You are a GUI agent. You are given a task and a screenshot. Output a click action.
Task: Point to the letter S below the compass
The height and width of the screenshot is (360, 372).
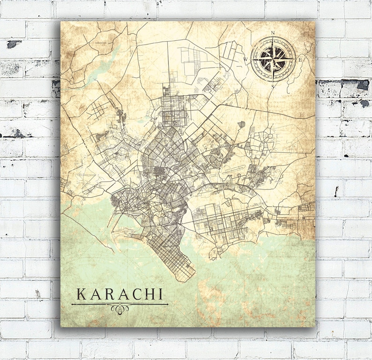tap(274, 86)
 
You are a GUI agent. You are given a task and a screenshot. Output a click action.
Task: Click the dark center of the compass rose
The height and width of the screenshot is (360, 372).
tap(274, 60)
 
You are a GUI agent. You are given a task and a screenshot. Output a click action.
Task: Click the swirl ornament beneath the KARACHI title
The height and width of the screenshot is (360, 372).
tap(119, 308)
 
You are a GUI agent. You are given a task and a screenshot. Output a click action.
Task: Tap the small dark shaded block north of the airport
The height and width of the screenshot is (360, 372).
tap(241, 125)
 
